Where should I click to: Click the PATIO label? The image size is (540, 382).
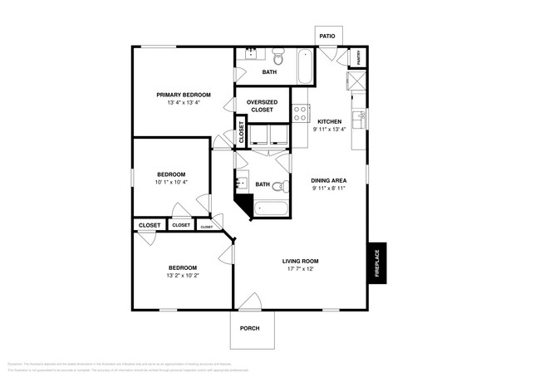[327, 37]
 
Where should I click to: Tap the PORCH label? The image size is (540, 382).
[249, 328]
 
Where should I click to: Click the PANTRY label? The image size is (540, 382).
[359, 57]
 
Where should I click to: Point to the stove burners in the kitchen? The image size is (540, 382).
[301, 114]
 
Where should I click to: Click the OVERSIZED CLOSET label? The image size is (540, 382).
[262, 105]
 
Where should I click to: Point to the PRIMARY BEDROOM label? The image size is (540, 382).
[184, 95]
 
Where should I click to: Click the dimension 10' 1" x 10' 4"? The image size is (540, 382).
[170, 182]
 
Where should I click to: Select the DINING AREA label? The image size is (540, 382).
[328, 180]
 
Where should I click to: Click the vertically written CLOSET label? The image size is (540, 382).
[242, 133]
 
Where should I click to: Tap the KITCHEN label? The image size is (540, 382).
[329, 121]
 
